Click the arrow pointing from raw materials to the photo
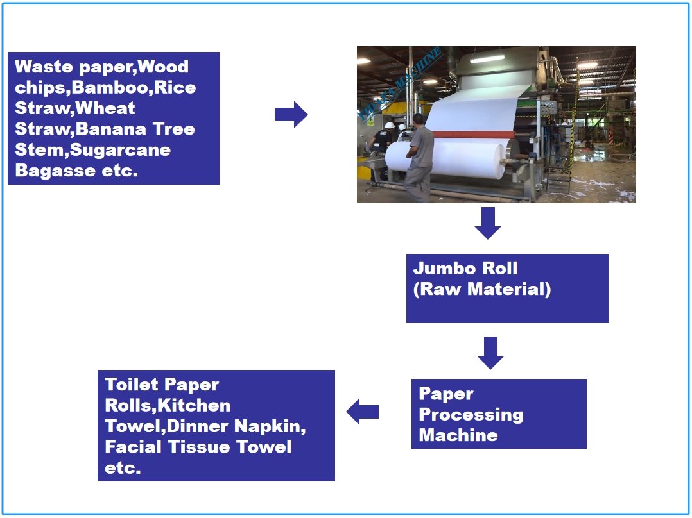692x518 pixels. [291, 114]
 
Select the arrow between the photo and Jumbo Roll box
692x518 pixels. [488, 222]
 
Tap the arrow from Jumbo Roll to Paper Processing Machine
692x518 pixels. [490, 353]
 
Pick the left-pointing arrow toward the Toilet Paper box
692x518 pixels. [363, 412]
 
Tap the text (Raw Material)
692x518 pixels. [481, 288]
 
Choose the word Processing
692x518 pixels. [471, 414]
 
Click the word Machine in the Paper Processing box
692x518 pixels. [458, 435]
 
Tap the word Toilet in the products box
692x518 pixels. [129, 385]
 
